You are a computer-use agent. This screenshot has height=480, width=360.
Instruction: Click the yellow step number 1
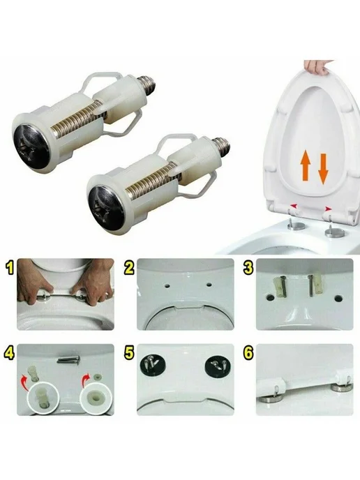(x=10, y=267)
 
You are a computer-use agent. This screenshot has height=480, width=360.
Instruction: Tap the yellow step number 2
(x=129, y=267)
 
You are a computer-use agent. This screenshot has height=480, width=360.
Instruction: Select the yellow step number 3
(x=248, y=267)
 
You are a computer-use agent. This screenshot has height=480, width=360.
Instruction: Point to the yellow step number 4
(x=9, y=352)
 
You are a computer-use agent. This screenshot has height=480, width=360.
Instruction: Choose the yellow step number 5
(x=129, y=352)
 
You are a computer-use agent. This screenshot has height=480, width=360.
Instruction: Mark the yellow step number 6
(x=248, y=352)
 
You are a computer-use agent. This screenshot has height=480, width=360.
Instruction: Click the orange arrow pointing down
(x=323, y=169)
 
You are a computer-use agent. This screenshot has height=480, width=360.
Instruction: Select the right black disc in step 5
(x=218, y=365)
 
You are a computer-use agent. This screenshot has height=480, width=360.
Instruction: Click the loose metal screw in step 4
(x=68, y=359)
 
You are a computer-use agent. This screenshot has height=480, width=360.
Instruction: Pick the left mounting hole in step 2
(x=167, y=287)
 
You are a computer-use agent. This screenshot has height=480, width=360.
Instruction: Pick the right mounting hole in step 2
(x=209, y=285)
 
